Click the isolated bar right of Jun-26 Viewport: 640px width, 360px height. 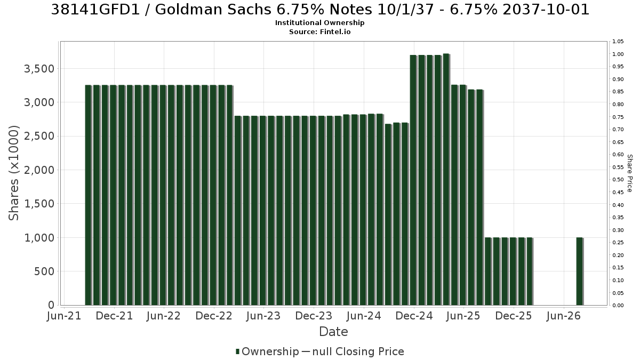pyautogui.click(x=580, y=271)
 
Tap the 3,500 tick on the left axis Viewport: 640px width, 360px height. pyautogui.click(x=39, y=69)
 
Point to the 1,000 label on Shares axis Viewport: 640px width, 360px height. pyautogui.click(x=39, y=238)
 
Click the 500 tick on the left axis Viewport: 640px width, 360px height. pyautogui.click(x=44, y=271)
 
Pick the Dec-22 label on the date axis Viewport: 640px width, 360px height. pyautogui.click(x=214, y=316)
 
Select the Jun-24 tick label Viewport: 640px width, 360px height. pyautogui.click(x=364, y=316)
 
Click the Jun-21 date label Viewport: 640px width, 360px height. pyautogui.click(x=64, y=316)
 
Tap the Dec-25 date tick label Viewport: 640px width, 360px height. pyautogui.click(x=514, y=316)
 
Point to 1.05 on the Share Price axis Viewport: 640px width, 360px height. pyautogui.click(x=618, y=42)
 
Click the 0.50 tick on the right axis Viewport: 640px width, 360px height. pyautogui.click(x=618, y=180)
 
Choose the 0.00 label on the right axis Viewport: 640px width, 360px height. pyautogui.click(x=618, y=306)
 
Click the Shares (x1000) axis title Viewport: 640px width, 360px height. pyautogui.click(x=13, y=173)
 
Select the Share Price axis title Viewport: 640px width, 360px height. pyautogui.click(x=630, y=173)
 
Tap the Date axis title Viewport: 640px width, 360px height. pyautogui.click(x=333, y=332)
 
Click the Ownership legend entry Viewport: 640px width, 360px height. pyautogui.click(x=267, y=351)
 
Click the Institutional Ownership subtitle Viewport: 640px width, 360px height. pyautogui.click(x=319, y=23)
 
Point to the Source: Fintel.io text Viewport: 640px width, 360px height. pyautogui.click(x=319, y=31)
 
